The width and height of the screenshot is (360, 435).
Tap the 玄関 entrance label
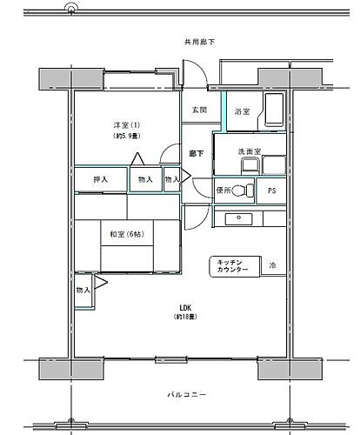point(199,111)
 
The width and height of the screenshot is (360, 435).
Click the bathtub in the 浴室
point(274,111)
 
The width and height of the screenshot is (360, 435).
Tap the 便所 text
point(223,191)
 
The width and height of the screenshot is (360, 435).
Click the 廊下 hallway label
point(197,154)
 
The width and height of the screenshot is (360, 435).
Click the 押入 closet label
point(102,180)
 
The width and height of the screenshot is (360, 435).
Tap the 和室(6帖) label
point(126,233)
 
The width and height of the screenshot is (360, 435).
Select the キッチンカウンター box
point(232,267)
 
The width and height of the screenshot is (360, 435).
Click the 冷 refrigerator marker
point(272,265)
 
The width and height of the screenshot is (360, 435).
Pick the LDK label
point(184,307)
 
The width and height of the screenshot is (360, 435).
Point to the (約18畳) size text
point(184,318)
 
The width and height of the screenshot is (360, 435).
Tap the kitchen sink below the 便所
point(236,217)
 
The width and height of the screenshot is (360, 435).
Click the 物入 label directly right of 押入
point(144,180)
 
